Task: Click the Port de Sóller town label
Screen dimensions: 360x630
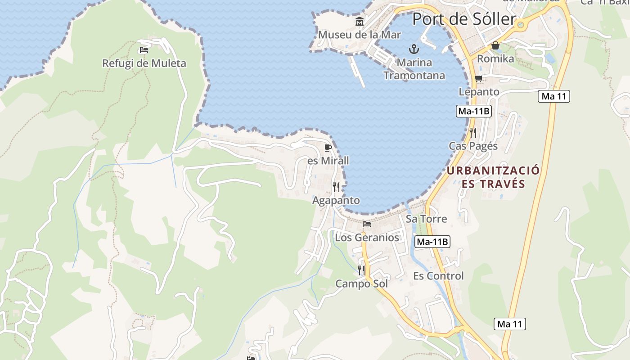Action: (464, 19)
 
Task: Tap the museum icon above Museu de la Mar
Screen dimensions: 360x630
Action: (360, 21)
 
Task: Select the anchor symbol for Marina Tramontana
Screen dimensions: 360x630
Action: (414, 49)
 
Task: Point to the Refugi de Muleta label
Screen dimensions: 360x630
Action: (144, 63)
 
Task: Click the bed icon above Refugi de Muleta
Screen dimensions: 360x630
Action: (144, 50)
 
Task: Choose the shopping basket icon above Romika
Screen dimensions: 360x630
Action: (495, 45)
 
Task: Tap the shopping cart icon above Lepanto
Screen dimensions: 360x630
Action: (478, 79)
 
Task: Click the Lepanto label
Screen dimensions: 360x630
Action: (479, 92)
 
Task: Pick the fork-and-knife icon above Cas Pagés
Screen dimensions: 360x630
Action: (473, 132)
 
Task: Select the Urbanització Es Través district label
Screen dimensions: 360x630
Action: (493, 177)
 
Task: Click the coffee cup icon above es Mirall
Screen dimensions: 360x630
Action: (328, 148)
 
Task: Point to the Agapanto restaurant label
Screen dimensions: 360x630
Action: (336, 201)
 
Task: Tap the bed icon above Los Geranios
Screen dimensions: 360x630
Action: (367, 224)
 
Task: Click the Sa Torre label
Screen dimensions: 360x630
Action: (426, 219)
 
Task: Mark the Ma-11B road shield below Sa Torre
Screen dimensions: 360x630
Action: (432, 242)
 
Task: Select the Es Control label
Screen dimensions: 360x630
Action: (438, 276)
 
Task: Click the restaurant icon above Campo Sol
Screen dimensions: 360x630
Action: (361, 270)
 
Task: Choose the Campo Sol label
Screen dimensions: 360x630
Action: (361, 284)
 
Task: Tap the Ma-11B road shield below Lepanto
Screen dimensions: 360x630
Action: (473, 111)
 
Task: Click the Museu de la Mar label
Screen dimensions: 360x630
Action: (359, 35)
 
